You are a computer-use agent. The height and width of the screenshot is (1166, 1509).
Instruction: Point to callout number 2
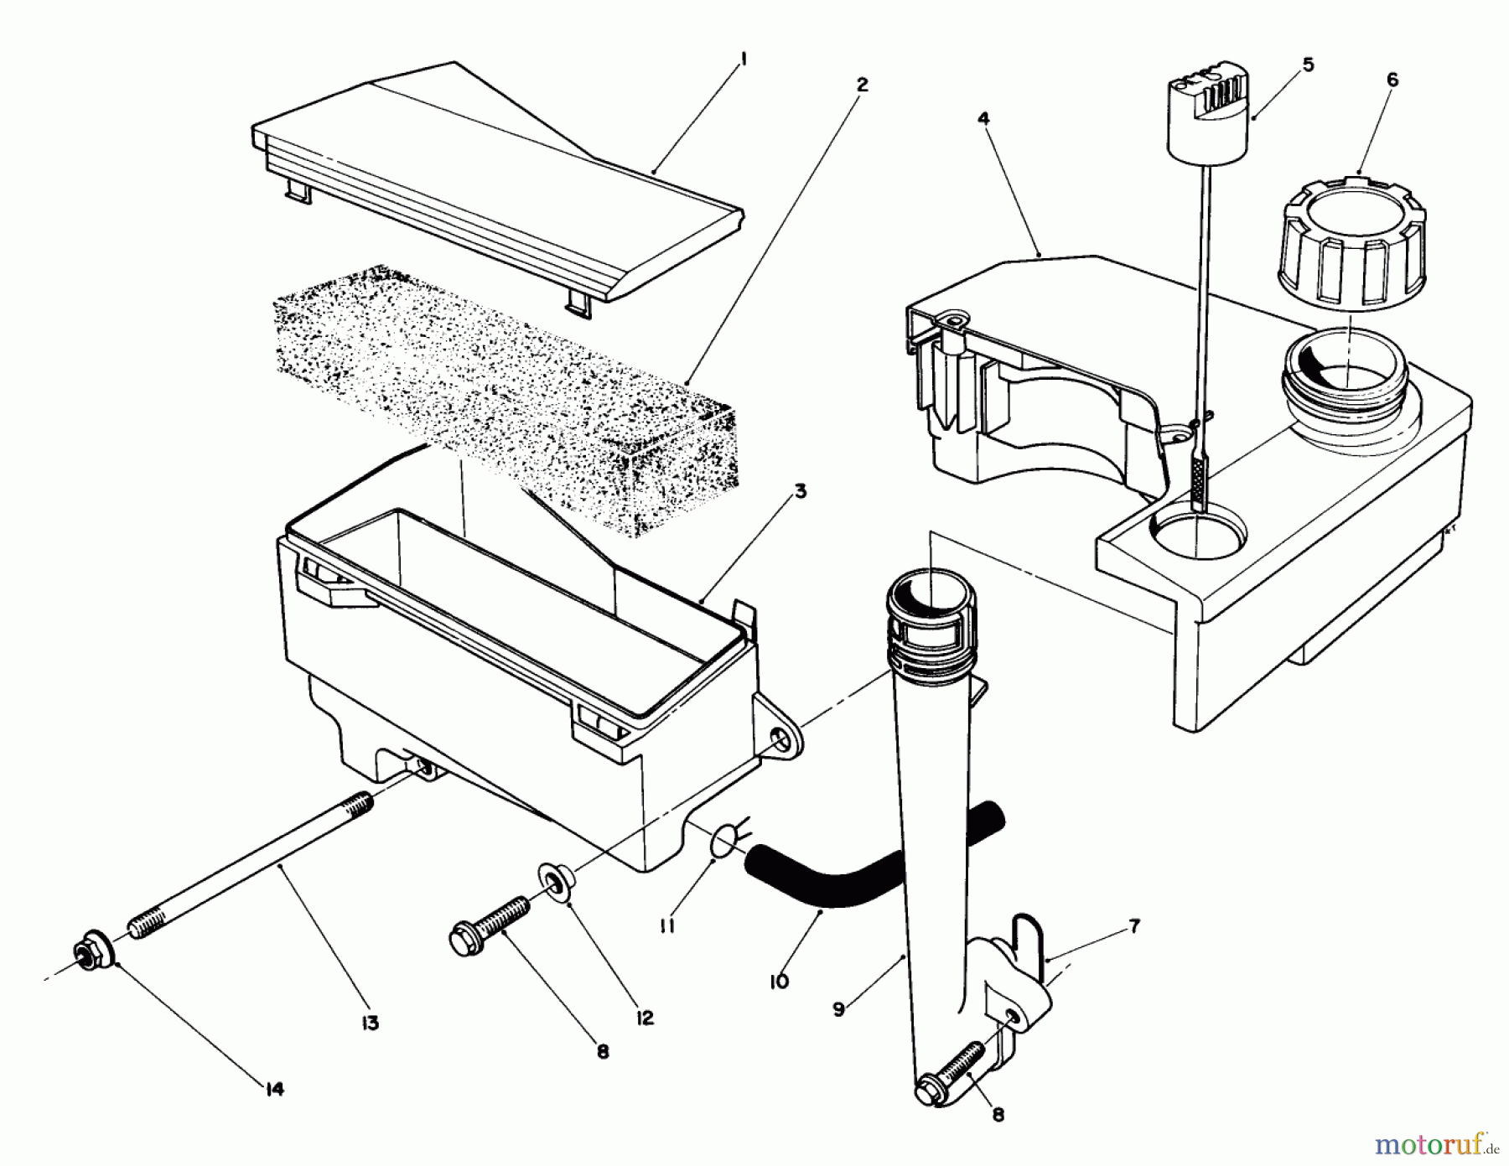point(862,85)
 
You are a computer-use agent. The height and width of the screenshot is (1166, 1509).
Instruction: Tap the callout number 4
point(983,118)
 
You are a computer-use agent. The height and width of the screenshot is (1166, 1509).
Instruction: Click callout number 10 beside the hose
point(779,982)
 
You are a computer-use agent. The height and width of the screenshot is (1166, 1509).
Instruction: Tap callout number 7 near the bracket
point(1133,927)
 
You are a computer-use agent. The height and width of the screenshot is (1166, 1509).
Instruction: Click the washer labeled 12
point(552,885)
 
